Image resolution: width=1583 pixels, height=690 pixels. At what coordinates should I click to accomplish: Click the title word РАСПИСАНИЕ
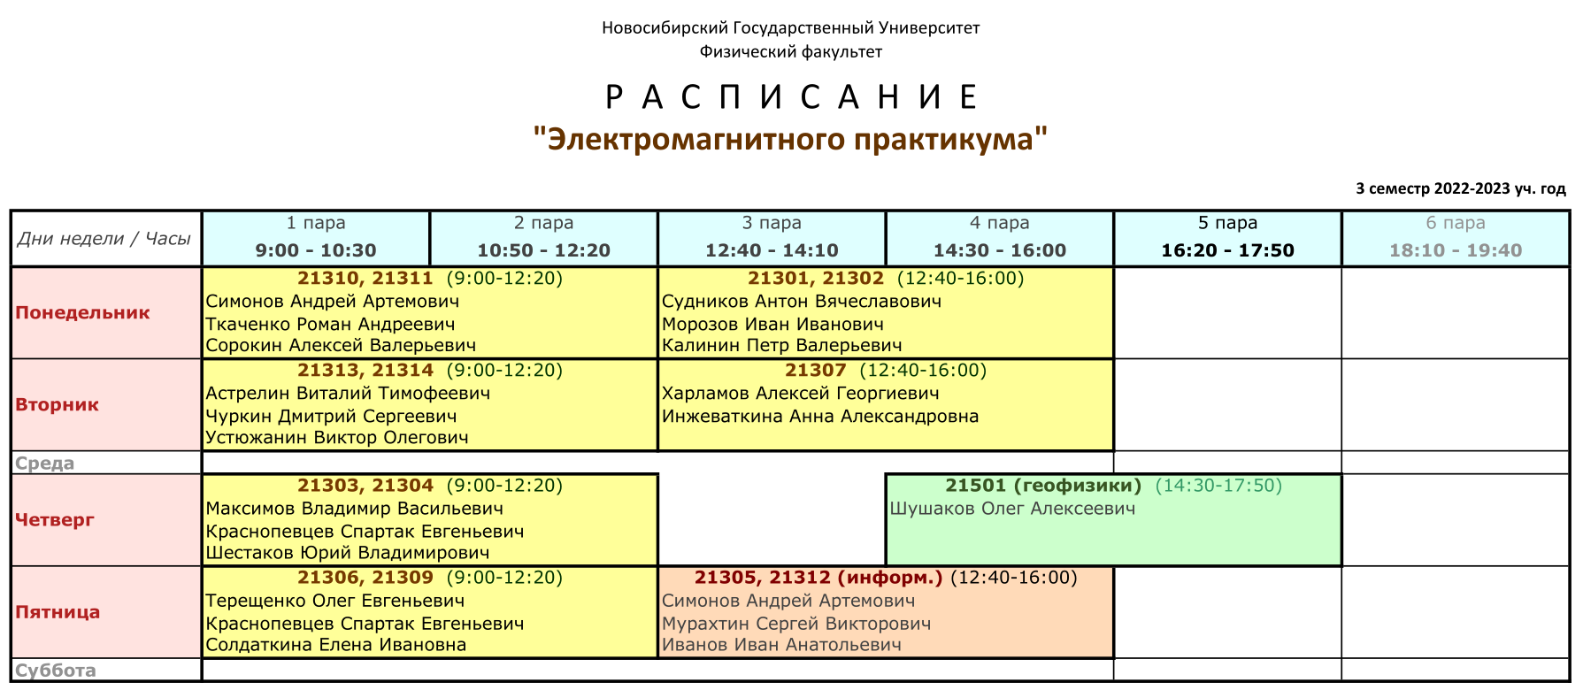(791, 96)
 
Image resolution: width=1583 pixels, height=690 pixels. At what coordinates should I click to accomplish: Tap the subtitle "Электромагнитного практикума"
(791, 140)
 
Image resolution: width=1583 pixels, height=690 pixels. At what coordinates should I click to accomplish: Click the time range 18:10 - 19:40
(1456, 250)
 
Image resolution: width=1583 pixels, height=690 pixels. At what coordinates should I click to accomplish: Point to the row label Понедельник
(82, 312)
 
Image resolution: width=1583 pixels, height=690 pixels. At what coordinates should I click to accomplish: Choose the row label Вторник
(57, 404)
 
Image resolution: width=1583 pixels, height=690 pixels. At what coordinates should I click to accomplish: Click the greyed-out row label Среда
(44, 463)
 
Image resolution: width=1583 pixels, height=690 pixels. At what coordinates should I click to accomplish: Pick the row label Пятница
(58, 611)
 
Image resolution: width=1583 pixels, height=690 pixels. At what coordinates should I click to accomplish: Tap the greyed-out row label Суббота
(55, 670)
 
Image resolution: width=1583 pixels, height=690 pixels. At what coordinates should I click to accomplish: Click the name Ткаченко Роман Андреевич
(330, 324)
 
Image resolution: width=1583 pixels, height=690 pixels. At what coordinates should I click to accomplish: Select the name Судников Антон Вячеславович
(802, 301)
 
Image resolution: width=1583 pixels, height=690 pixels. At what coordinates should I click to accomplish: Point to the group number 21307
(815, 370)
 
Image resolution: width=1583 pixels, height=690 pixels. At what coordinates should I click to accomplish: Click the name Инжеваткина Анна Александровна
(820, 416)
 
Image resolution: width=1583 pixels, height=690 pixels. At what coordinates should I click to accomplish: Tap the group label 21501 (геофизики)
(1043, 485)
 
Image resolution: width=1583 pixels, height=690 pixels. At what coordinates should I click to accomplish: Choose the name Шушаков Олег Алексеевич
(1012, 508)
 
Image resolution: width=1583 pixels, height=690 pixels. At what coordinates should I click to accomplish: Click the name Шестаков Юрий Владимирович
(348, 552)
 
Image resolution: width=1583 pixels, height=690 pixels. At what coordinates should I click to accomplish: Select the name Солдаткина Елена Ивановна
(336, 644)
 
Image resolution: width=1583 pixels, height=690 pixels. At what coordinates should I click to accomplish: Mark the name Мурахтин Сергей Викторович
(796, 623)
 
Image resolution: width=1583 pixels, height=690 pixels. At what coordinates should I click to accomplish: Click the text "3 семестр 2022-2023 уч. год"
(1461, 188)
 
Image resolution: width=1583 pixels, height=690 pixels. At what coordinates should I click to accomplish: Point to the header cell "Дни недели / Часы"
(104, 238)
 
